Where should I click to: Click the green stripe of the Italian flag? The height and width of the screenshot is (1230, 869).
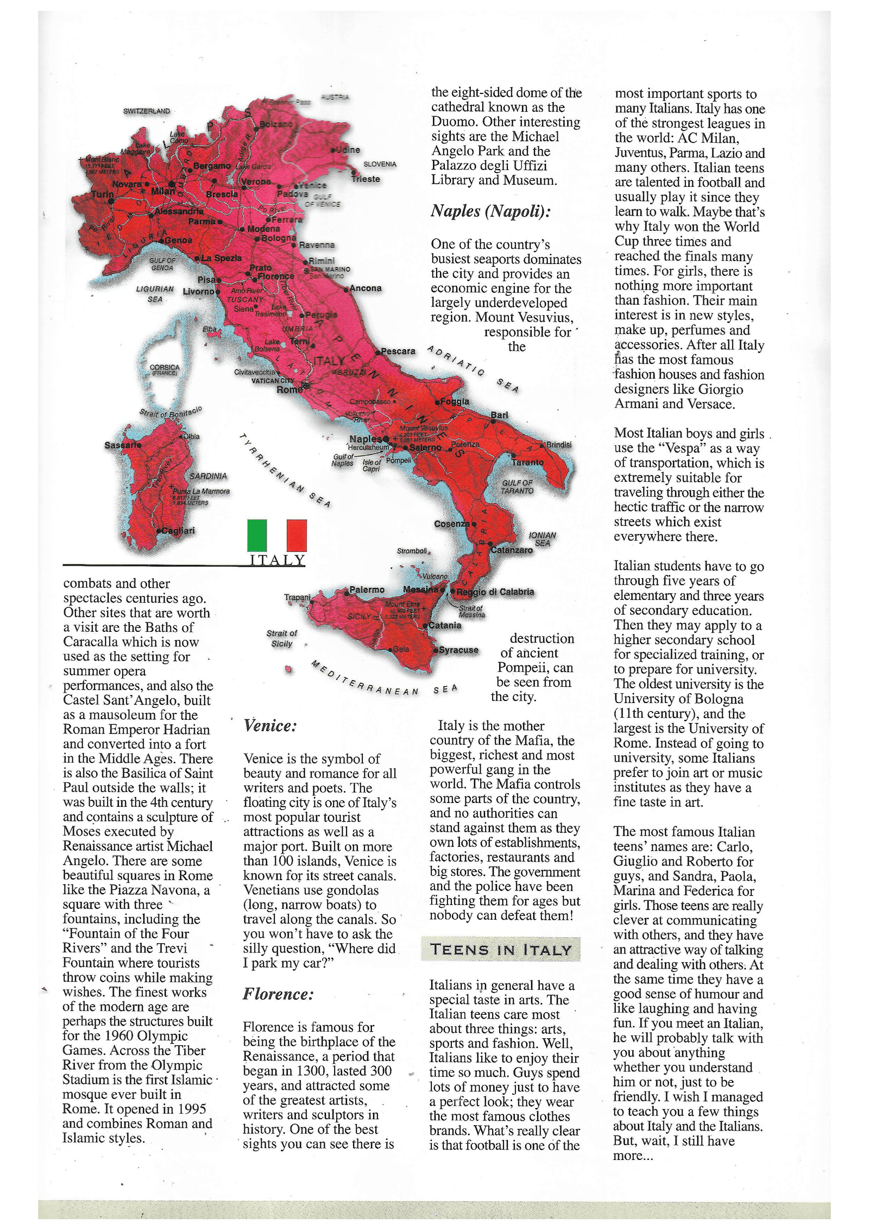[257, 535]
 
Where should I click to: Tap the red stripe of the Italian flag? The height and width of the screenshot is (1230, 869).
[297, 535]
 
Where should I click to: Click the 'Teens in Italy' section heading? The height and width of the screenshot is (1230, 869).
[500, 949]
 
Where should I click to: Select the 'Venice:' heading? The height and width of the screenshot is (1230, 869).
[270, 726]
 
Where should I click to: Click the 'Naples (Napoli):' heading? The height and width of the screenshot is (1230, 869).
[490, 211]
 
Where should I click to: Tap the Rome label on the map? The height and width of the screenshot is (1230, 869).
[289, 390]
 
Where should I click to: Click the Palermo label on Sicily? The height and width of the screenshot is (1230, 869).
[367, 589]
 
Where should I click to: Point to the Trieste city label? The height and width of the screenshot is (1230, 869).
[366, 179]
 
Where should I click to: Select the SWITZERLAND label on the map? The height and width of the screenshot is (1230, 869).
[146, 111]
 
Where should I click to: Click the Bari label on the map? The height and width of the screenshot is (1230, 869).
[499, 415]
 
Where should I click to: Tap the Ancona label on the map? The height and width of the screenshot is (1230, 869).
[365, 288]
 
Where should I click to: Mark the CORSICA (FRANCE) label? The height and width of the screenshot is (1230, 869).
[164, 370]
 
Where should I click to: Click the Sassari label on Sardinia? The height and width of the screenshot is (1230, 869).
[122, 445]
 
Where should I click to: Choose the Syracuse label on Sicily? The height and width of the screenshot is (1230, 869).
[458, 650]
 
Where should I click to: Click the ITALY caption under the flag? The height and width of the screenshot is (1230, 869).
[277, 560]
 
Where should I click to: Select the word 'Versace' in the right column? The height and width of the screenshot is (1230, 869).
[711, 404]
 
